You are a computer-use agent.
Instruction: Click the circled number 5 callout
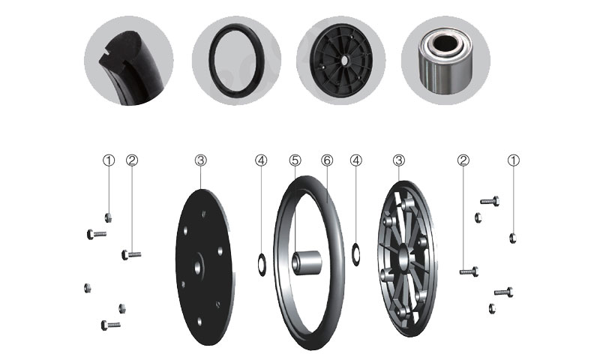point(295,160)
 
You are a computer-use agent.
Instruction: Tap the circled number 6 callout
point(327,160)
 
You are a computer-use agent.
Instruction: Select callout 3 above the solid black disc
point(200,160)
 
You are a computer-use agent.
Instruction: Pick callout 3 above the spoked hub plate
point(399,160)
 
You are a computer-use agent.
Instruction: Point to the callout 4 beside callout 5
point(261,160)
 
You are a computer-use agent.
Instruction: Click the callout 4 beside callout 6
point(355,160)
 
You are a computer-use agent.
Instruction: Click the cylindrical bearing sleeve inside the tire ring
point(307,262)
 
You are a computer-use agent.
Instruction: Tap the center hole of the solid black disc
point(198,268)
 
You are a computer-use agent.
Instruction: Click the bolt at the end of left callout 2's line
point(131,254)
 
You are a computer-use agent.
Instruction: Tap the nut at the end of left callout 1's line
point(108,217)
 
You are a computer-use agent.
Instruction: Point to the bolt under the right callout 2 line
point(469,271)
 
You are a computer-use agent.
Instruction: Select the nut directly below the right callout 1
point(513,238)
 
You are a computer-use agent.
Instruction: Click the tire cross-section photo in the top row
point(128,61)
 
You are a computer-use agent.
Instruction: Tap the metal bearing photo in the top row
point(445,61)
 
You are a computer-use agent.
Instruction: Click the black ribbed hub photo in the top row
point(341,61)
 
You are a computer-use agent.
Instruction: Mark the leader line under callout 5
point(295,209)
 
